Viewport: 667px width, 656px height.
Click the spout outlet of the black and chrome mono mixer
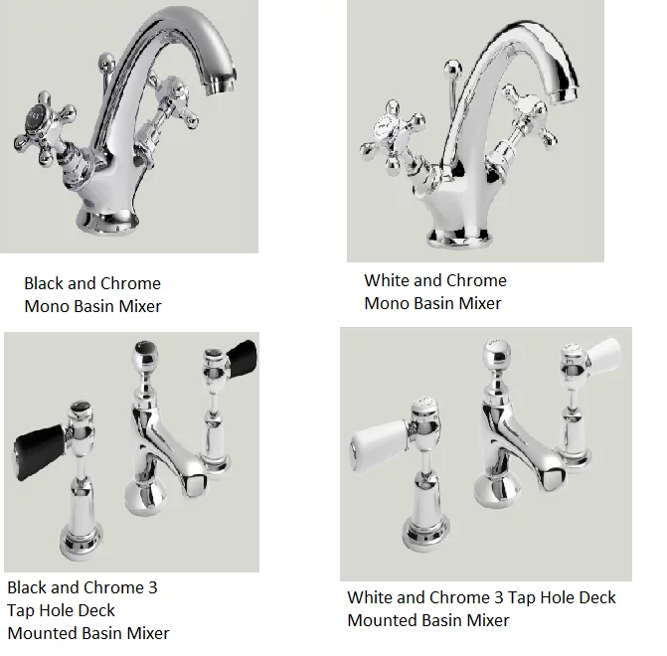(221, 83)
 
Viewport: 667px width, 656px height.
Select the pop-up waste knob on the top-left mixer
(106, 62)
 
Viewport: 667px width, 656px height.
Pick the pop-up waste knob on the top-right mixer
(452, 68)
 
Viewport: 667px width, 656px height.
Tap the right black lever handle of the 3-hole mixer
(242, 358)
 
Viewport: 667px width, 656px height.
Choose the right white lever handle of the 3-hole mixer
(604, 356)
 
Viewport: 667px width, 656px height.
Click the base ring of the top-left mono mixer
(107, 222)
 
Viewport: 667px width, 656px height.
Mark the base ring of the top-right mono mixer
(459, 239)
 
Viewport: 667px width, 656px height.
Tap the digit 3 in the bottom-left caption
(153, 587)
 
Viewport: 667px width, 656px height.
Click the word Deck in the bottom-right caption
(597, 597)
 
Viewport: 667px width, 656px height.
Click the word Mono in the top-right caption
(387, 303)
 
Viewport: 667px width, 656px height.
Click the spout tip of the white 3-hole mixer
(554, 477)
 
